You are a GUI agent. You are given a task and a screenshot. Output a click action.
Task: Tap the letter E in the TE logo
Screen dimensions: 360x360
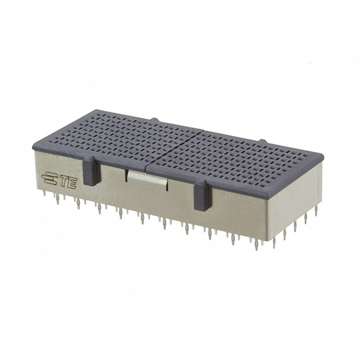click(x=72, y=184)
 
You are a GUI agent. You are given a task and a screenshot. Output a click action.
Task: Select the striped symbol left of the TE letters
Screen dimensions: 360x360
click(x=49, y=178)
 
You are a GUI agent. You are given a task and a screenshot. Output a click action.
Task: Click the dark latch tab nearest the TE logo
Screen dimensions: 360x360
click(x=92, y=171)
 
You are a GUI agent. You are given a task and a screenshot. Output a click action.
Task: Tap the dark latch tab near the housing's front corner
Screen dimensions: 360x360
click(x=202, y=195)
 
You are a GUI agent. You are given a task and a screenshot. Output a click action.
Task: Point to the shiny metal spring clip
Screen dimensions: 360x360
click(x=147, y=178)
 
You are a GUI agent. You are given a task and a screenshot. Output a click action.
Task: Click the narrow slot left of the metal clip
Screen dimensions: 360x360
click(x=126, y=175)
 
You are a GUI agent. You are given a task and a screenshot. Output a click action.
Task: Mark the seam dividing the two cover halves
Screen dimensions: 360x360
click(x=174, y=148)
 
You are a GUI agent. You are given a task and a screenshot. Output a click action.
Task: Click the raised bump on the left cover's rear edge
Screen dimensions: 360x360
click(x=155, y=120)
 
